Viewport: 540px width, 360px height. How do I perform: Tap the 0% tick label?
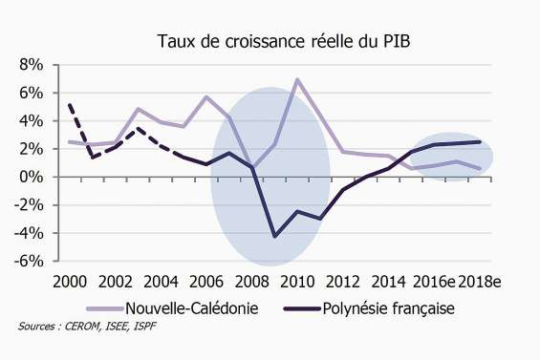[x=32, y=177]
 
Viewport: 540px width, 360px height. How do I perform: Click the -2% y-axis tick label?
[x=30, y=205]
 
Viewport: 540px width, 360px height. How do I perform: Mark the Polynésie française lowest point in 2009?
[x=275, y=236]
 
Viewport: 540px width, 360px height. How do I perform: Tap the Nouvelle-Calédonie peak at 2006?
[x=206, y=96]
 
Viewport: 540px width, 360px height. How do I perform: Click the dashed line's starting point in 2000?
[x=70, y=105]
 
